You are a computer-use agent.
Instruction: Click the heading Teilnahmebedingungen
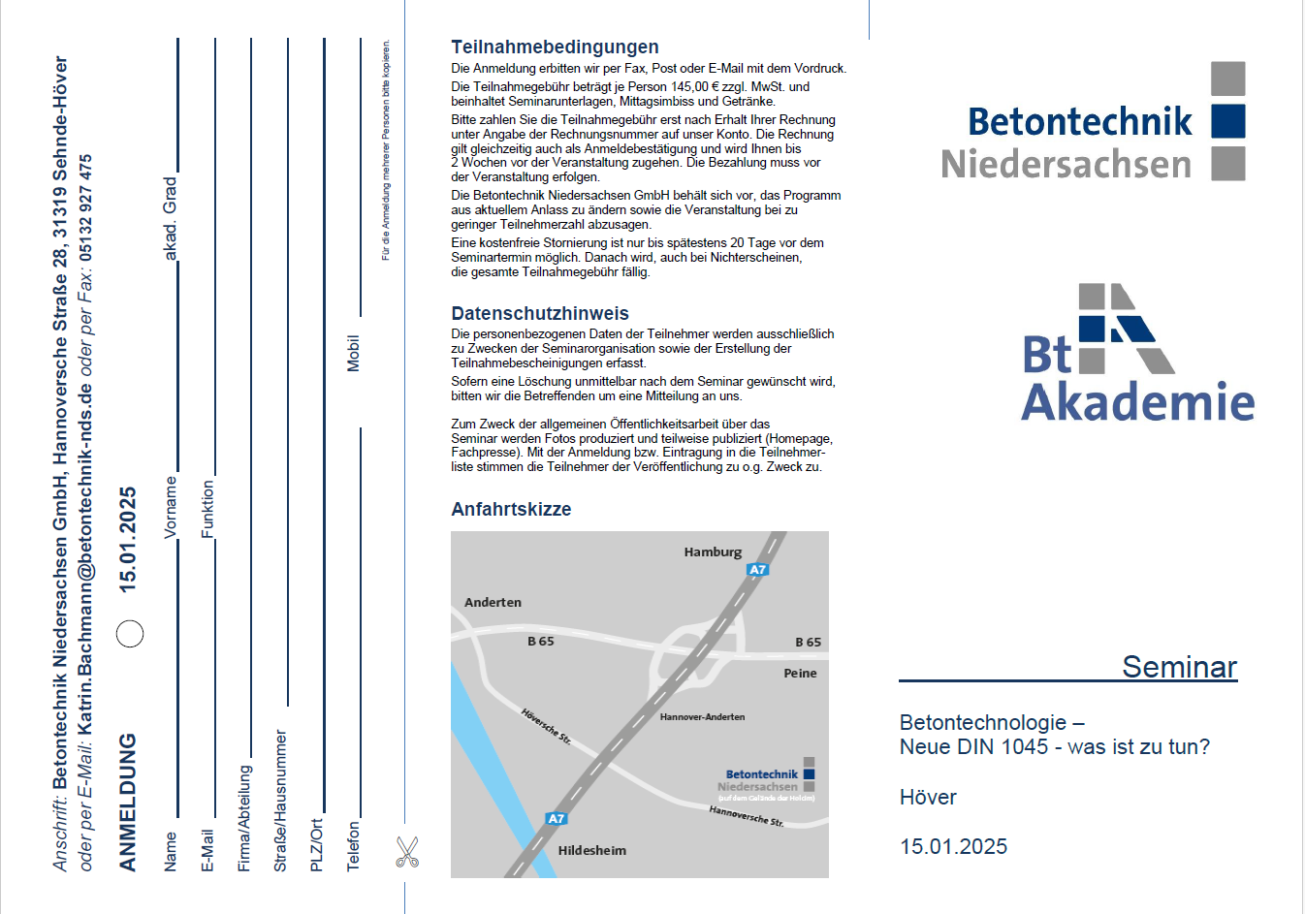tap(555, 47)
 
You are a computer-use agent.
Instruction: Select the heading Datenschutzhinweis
tap(540, 313)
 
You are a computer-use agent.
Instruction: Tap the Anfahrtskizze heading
tap(511, 509)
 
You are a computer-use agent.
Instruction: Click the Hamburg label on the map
tap(713, 552)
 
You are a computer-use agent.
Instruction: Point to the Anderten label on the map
tap(493, 602)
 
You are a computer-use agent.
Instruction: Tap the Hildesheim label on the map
tap(591, 850)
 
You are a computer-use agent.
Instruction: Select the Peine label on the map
tap(800, 673)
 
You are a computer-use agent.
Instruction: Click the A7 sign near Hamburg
tap(758, 570)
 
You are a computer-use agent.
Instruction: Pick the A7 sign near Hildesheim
tap(556, 819)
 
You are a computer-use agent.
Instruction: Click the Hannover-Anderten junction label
tap(702, 717)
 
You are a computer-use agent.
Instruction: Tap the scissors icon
tap(407, 852)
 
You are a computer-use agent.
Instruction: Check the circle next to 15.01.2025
tap(130, 633)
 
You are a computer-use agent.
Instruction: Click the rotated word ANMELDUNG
tap(128, 803)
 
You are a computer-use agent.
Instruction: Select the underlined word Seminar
tap(1179, 667)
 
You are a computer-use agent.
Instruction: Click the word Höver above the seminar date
tap(928, 797)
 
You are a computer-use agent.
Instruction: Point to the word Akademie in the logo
tap(1138, 402)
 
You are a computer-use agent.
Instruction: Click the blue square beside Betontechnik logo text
tap(1228, 121)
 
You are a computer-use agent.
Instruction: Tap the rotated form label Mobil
tap(353, 353)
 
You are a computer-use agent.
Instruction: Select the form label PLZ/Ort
tap(316, 845)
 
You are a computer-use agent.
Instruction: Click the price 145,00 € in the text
tap(689, 86)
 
